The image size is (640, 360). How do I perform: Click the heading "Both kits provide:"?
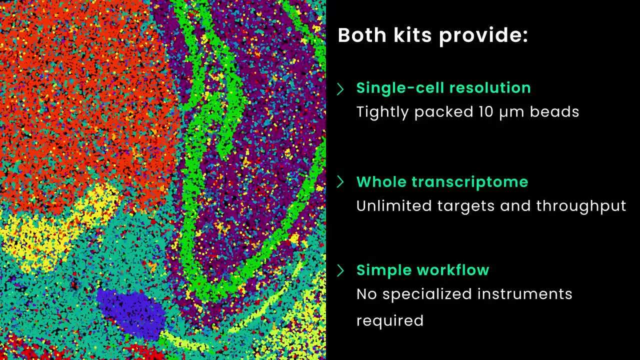click(432, 35)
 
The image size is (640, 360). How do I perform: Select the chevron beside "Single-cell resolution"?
click(340, 89)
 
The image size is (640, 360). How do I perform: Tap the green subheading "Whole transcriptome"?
click(442, 181)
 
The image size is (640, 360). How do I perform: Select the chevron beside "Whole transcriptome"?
click(340, 182)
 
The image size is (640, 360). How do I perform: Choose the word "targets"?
click(470, 206)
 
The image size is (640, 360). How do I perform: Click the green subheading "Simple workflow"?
click(422, 270)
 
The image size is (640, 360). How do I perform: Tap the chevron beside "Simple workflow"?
click(340, 270)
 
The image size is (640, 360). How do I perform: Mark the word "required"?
click(389, 320)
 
